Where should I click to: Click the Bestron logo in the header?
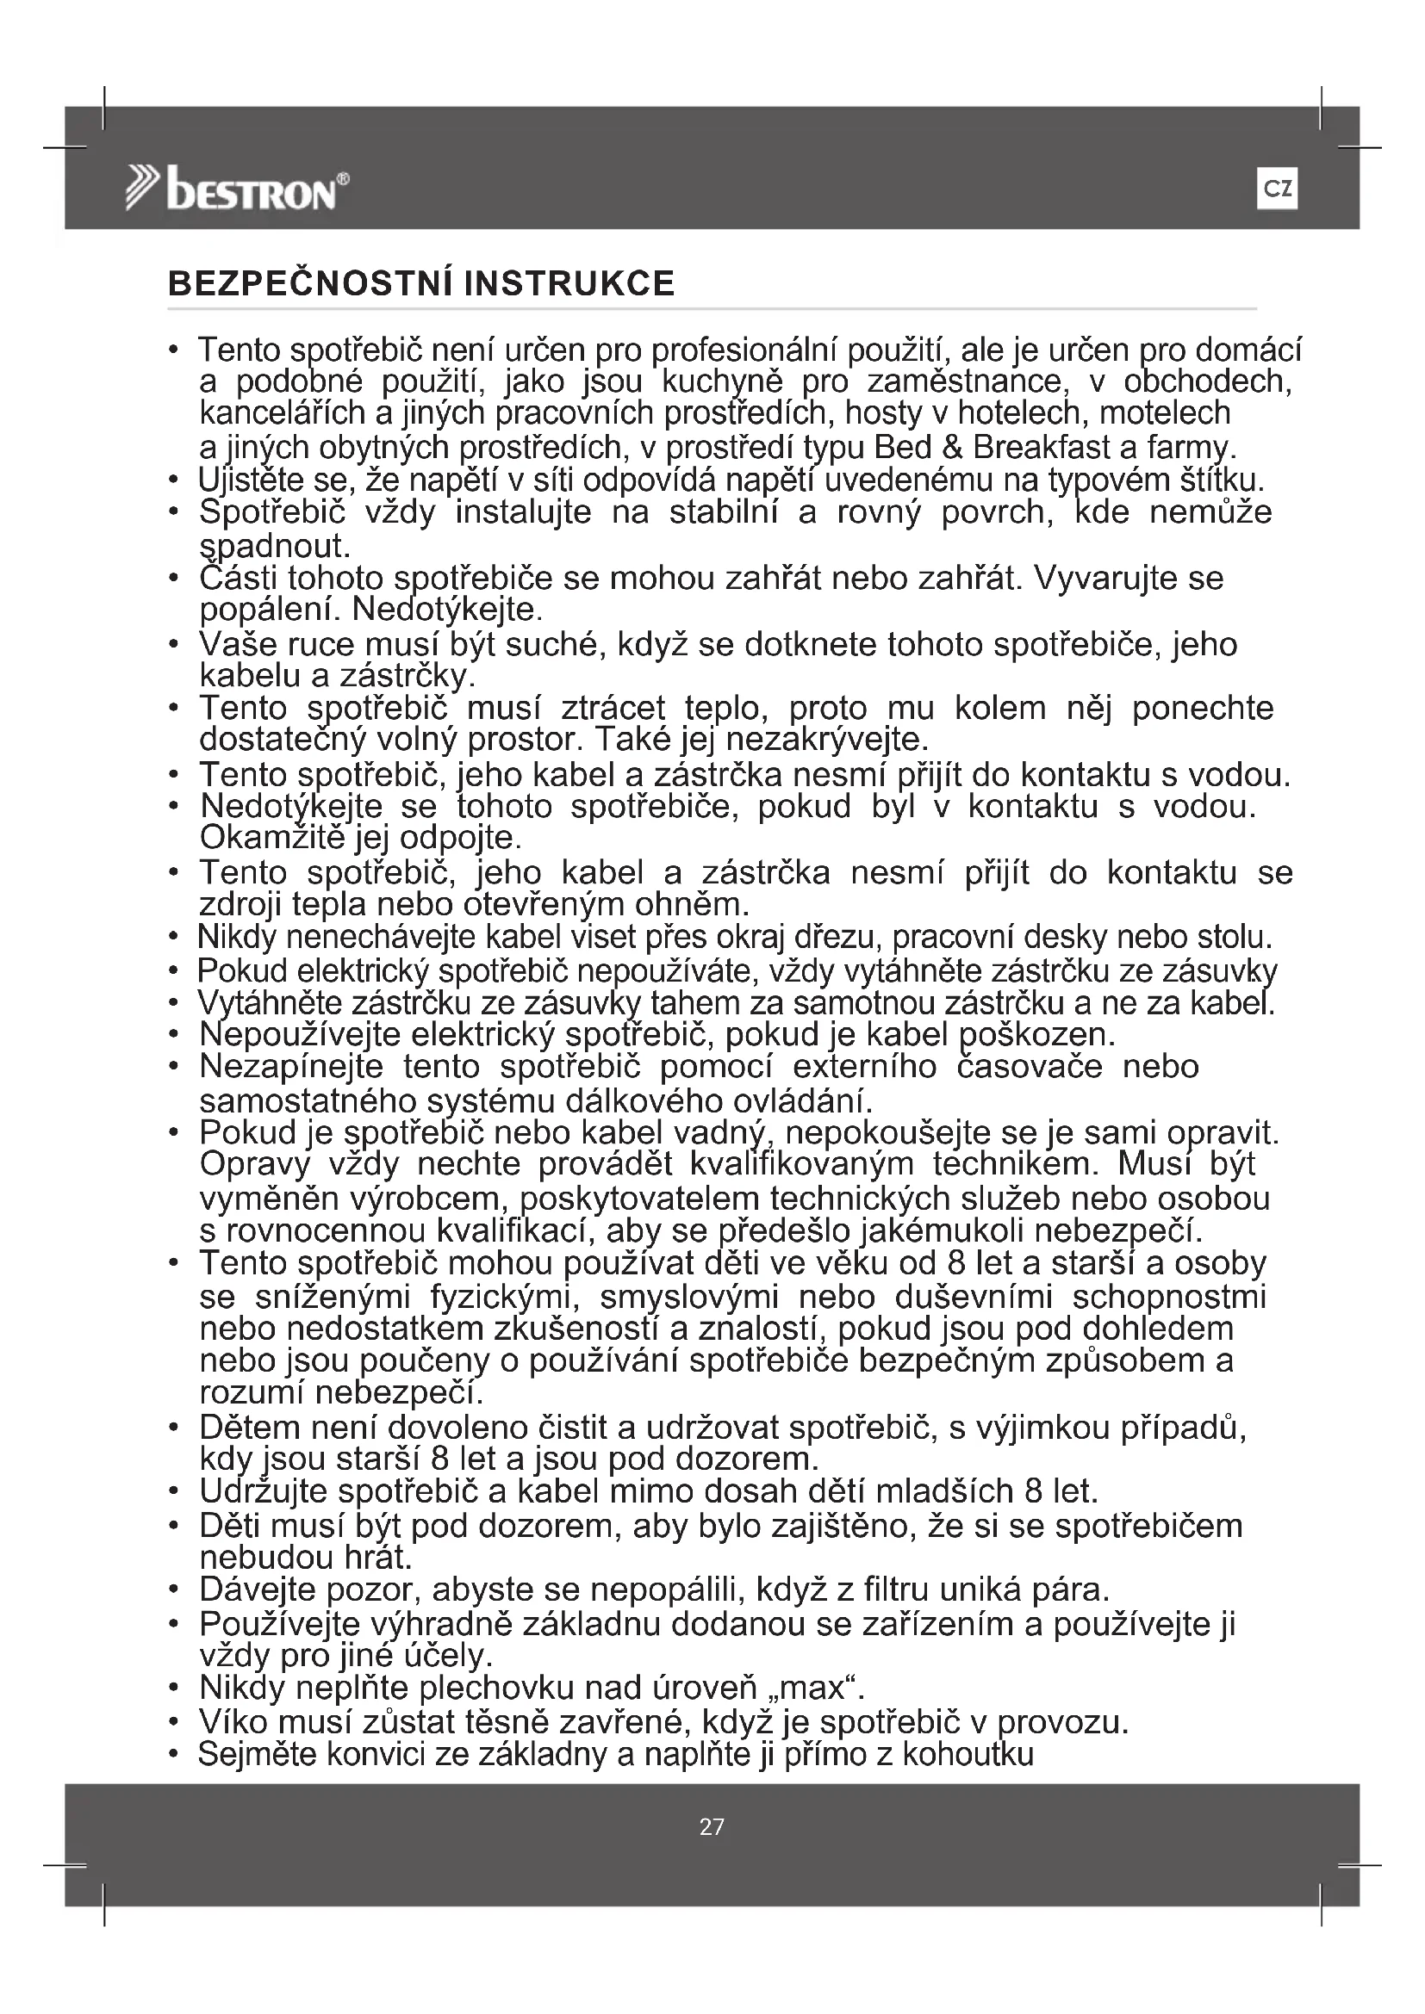237,189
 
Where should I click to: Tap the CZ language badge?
1277,189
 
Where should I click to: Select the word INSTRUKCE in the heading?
569,283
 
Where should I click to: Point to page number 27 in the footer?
712,1826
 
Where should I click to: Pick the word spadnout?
275,547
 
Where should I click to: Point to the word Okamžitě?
274,838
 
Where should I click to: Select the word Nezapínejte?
290,1067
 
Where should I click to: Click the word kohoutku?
968,1754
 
